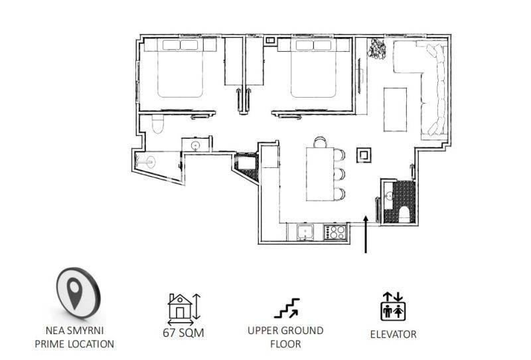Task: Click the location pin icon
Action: click(x=78, y=293)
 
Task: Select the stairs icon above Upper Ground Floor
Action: click(x=287, y=308)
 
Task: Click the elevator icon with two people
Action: click(x=393, y=306)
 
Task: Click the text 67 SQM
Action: click(x=184, y=333)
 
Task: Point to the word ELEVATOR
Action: click(x=393, y=334)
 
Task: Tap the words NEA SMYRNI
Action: click(x=74, y=330)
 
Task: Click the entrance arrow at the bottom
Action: click(x=366, y=234)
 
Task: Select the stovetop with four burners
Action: click(x=335, y=232)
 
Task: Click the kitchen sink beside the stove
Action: click(x=305, y=232)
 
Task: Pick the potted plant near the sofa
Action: click(x=377, y=48)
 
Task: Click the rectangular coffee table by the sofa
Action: click(x=395, y=110)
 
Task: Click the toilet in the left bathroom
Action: click(x=157, y=124)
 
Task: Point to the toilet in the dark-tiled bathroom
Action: click(x=404, y=215)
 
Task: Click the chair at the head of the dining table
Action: click(x=320, y=142)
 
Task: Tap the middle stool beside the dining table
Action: click(x=339, y=174)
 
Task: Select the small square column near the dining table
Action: click(x=364, y=155)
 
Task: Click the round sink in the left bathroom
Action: click(x=195, y=145)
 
